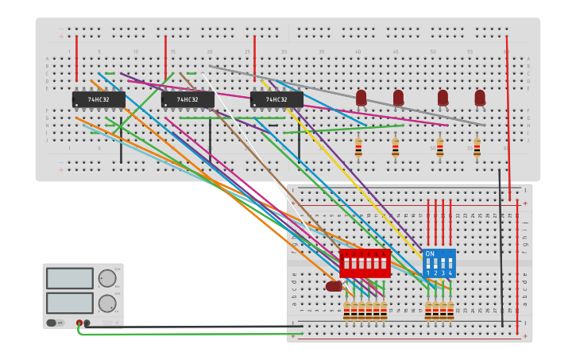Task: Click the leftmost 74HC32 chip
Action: click(x=99, y=99)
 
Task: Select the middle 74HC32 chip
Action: click(x=187, y=99)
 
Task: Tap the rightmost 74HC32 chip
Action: click(x=276, y=99)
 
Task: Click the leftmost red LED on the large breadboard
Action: click(x=361, y=98)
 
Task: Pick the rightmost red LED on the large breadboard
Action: click(x=480, y=98)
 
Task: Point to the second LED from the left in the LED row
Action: click(x=398, y=98)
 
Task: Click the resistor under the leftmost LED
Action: click(x=358, y=147)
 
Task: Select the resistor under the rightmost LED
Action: click(x=477, y=147)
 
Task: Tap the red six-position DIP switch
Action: click(x=365, y=263)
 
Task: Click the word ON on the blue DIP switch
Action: click(x=430, y=254)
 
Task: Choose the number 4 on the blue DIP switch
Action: click(x=450, y=273)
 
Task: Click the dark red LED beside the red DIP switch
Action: click(x=334, y=286)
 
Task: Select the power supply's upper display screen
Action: click(x=70, y=278)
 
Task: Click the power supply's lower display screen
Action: click(x=70, y=303)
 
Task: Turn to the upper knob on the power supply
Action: click(x=106, y=278)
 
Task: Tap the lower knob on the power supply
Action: click(x=106, y=303)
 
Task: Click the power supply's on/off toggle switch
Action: click(x=52, y=323)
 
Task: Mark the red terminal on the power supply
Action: click(x=79, y=323)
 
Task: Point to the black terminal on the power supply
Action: click(x=87, y=323)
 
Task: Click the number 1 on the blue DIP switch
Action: click(x=428, y=273)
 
